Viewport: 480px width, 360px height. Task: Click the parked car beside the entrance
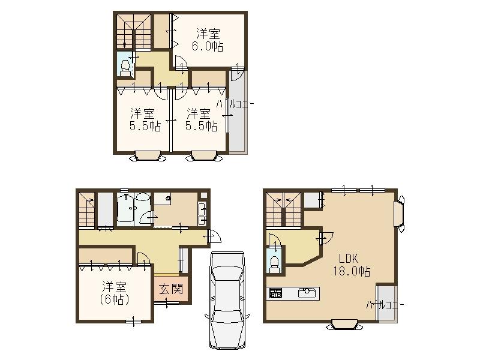click(227, 301)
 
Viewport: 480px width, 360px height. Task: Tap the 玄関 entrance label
click(170, 289)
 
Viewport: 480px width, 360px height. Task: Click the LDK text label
click(348, 259)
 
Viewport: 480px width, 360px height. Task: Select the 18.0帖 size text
click(352, 271)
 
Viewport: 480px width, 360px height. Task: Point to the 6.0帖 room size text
click(207, 47)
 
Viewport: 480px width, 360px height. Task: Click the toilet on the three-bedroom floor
click(125, 68)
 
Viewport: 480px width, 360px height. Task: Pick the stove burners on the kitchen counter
click(275, 293)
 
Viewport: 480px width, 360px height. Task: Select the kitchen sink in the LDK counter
click(306, 293)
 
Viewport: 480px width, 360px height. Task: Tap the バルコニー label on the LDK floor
click(385, 305)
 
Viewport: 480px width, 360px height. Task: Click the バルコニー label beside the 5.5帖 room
click(235, 103)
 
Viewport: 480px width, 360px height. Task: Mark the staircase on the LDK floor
click(283, 210)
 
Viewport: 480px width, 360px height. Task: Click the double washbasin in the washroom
click(200, 211)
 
